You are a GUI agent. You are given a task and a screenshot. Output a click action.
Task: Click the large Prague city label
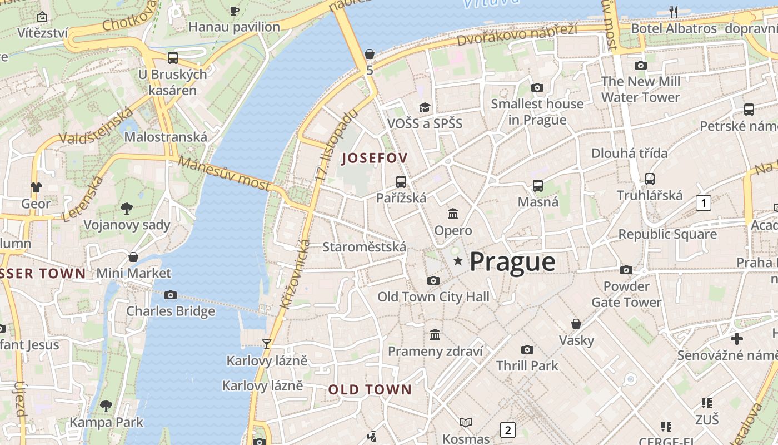tap(512, 262)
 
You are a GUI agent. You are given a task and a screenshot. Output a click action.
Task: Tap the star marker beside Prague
tap(458, 261)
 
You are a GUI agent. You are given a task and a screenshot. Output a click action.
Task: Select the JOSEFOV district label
tap(375, 158)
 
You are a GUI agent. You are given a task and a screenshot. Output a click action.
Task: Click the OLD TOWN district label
tap(370, 389)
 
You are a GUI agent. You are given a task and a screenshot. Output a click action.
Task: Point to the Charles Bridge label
tap(171, 311)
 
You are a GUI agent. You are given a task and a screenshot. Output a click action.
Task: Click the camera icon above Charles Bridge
tap(171, 295)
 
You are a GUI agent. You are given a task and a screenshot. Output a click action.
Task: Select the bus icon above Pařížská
tap(401, 181)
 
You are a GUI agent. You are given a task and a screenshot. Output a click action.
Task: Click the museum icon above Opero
tap(453, 214)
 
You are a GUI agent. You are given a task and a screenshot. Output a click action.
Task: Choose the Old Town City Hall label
tap(433, 297)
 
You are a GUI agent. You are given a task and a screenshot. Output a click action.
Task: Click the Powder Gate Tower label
tap(626, 294)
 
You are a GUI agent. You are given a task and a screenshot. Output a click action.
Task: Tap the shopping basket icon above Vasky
tap(576, 323)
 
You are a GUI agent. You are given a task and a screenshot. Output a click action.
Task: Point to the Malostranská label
tap(166, 137)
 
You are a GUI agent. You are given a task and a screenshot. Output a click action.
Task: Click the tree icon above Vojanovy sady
tap(127, 209)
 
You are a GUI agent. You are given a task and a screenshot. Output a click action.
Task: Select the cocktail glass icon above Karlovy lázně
tap(267, 344)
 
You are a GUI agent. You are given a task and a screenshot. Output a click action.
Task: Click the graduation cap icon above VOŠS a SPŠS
tap(425, 107)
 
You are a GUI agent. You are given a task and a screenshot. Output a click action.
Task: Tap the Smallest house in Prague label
tap(537, 112)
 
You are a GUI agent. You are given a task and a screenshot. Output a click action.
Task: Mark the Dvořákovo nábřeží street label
tap(517, 34)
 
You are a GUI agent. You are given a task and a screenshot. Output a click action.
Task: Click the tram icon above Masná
tap(537, 186)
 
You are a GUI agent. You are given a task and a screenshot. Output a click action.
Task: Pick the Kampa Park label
tap(106, 422)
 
